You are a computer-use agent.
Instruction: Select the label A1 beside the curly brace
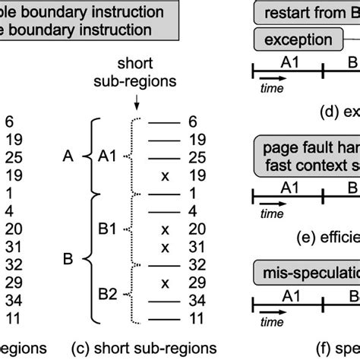click(x=109, y=156)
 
